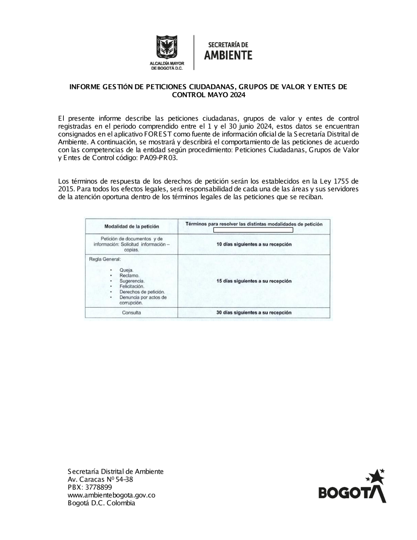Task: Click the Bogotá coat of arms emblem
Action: (x=167, y=47)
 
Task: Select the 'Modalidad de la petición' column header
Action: (x=131, y=227)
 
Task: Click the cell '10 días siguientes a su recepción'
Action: (x=254, y=244)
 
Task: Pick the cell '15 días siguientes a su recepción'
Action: (x=254, y=281)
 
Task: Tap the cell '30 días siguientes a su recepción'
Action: (x=254, y=313)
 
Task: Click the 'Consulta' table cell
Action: (x=131, y=313)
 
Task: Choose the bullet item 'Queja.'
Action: (x=126, y=270)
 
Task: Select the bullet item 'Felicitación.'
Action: (x=132, y=287)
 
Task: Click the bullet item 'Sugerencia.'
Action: (x=132, y=281)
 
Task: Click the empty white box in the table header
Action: (x=253, y=230)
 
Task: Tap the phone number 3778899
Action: (x=98, y=487)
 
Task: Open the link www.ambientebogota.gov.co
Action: (x=111, y=495)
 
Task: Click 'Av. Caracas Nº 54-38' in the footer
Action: (x=100, y=479)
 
